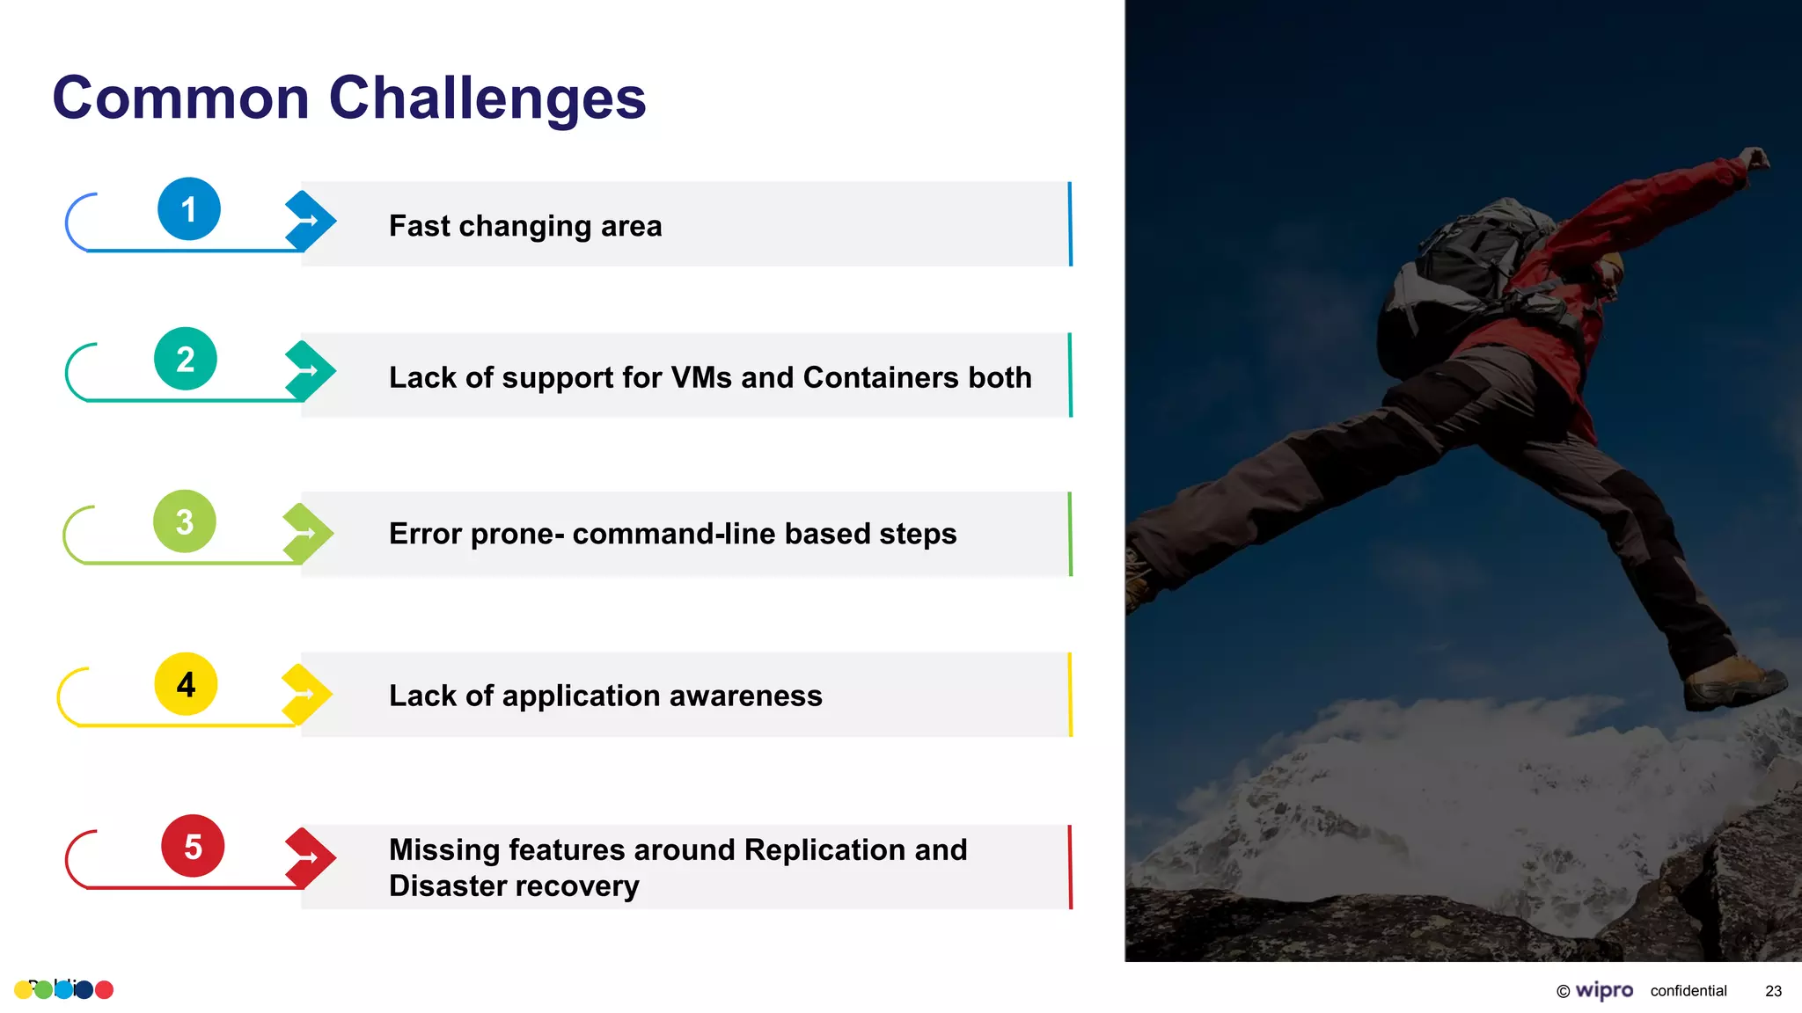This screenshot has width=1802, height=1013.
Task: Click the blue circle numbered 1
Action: point(188,209)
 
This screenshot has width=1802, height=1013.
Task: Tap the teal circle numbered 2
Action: point(185,359)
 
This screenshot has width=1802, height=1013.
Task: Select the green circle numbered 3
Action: point(184,521)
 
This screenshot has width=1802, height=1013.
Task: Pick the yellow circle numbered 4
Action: point(186,684)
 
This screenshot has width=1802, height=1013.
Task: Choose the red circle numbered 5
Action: point(193,846)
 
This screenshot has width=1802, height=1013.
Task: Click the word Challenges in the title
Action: point(487,98)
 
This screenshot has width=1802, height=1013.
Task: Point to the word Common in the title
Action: point(180,98)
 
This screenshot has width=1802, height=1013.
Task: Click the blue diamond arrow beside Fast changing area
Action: point(309,220)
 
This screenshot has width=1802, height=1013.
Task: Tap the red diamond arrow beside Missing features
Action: point(309,857)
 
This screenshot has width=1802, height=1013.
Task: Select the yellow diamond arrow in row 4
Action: point(305,694)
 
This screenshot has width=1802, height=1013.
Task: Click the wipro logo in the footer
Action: point(1603,990)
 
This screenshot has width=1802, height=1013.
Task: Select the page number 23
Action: point(1773,991)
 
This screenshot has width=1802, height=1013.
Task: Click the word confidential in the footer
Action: point(1688,991)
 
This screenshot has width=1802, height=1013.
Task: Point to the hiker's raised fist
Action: point(1755,158)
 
